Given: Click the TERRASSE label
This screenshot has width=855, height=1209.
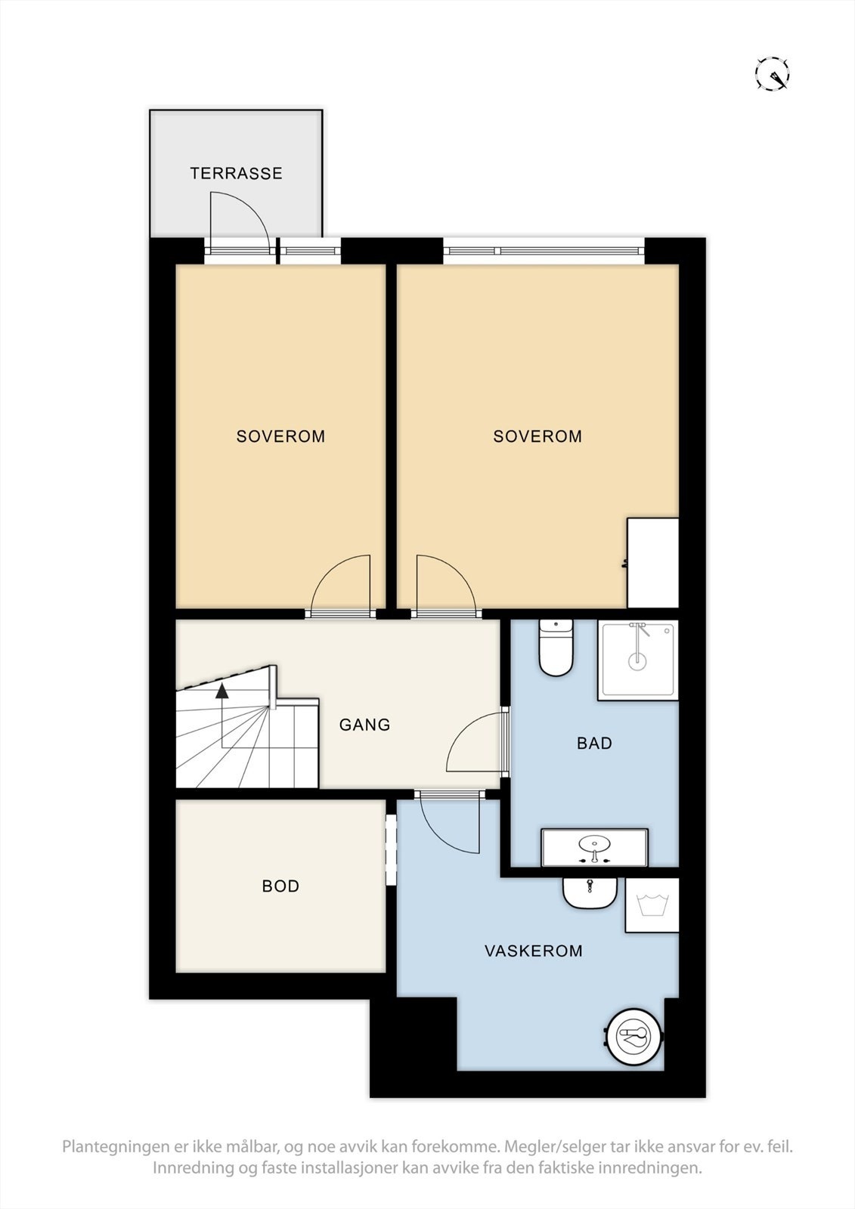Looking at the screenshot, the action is (x=236, y=173).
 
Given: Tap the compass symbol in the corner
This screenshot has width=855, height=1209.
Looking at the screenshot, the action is (x=772, y=73).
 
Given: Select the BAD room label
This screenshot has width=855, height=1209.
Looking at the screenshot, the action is (x=594, y=744).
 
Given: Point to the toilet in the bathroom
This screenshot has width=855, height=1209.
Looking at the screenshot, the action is (x=555, y=648).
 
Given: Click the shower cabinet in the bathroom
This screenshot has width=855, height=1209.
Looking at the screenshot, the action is (x=637, y=660).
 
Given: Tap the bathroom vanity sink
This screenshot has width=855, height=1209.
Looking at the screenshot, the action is (x=594, y=847).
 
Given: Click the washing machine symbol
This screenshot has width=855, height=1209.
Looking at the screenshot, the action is (x=652, y=904).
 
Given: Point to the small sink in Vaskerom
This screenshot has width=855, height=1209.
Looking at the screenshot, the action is (x=590, y=893).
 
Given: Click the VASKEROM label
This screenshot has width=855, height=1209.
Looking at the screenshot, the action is (x=533, y=951).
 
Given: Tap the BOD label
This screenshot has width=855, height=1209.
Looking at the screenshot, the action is (x=280, y=886).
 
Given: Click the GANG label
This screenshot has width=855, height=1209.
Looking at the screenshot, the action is (x=364, y=725).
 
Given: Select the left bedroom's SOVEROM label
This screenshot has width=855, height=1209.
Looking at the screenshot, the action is (x=281, y=436).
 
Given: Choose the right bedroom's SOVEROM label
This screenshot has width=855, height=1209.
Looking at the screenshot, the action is (x=537, y=436).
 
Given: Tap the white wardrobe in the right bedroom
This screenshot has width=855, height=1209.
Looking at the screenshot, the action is (x=652, y=563).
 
